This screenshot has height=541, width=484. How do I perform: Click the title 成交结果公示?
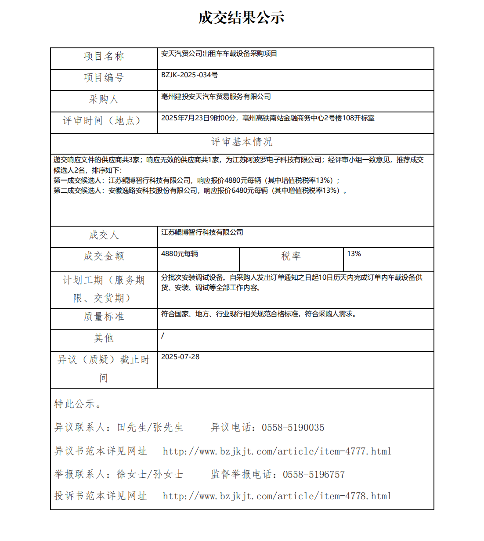[242, 18]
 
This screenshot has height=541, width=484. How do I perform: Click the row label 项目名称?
[104, 56]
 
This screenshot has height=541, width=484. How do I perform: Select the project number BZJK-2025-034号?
[189, 75]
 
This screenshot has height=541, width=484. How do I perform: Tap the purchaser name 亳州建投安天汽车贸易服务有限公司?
[216, 97]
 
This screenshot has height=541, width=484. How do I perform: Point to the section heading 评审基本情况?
[242, 142]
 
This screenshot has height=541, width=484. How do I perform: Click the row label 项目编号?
[104, 78]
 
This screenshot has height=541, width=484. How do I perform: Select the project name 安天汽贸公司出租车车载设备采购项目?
[219, 54]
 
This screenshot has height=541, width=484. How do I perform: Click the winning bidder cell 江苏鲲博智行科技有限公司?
[202, 232]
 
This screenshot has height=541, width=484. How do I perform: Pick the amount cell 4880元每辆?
[179, 254]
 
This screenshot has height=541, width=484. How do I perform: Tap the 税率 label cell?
[291, 256]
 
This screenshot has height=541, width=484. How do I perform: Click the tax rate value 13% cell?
[354, 254]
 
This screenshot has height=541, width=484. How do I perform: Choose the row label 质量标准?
[104, 317]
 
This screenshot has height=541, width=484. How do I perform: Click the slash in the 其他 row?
[163, 336]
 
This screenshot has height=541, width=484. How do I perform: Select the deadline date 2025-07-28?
[180, 357]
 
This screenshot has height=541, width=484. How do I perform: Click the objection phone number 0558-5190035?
[293, 428]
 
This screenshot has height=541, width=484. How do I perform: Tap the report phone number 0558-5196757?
[314, 474]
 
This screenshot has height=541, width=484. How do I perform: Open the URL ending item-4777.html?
[277, 451]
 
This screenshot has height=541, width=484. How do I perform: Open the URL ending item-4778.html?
[277, 496]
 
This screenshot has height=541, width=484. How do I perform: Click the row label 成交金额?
[104, 256]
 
